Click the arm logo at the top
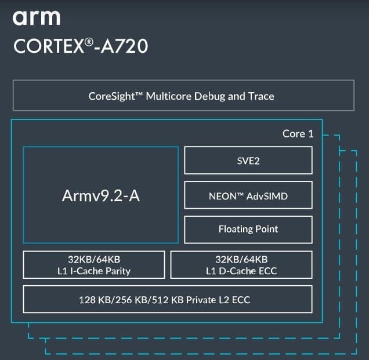36,17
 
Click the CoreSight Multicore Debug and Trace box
183,96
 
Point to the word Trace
261,96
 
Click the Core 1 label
298,134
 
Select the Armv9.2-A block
100,195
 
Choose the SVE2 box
248,161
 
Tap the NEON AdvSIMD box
248,196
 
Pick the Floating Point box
248,229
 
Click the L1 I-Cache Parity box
94,265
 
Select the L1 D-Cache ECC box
241,265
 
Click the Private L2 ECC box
168,300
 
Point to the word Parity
117,271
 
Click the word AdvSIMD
267,196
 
